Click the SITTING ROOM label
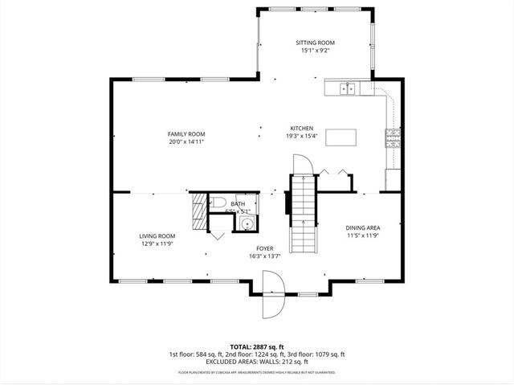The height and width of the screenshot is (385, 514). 316,43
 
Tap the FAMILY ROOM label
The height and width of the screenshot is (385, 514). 186,133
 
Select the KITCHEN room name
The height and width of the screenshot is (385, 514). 301,129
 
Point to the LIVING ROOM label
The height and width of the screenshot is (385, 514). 157,236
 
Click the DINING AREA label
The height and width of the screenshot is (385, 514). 362,227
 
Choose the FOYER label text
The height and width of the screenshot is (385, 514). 265,248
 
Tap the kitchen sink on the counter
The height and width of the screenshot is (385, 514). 348,88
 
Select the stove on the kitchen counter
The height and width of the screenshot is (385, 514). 394,138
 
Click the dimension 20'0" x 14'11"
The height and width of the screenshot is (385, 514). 186,141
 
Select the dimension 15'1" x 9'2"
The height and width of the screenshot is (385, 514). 316,51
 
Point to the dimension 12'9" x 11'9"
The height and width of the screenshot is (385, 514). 157,244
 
